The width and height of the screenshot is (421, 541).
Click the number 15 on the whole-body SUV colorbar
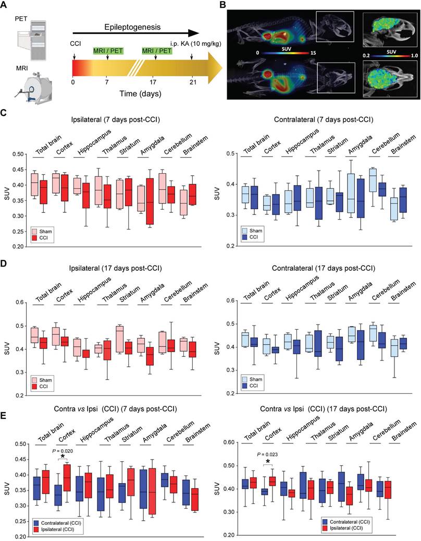pos(312,53)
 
